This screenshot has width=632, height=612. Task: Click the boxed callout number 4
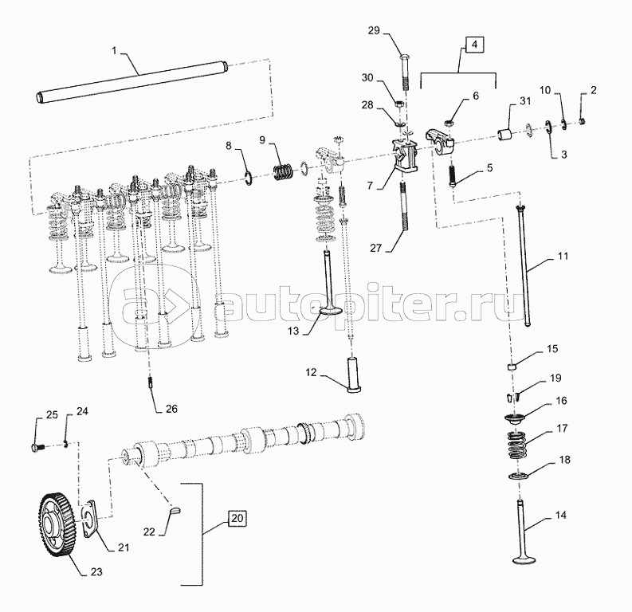point(474,45)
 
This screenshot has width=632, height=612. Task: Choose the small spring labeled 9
point(283,171)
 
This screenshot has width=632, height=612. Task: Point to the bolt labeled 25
point(37,447)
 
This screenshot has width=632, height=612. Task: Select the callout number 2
point(593,89)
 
